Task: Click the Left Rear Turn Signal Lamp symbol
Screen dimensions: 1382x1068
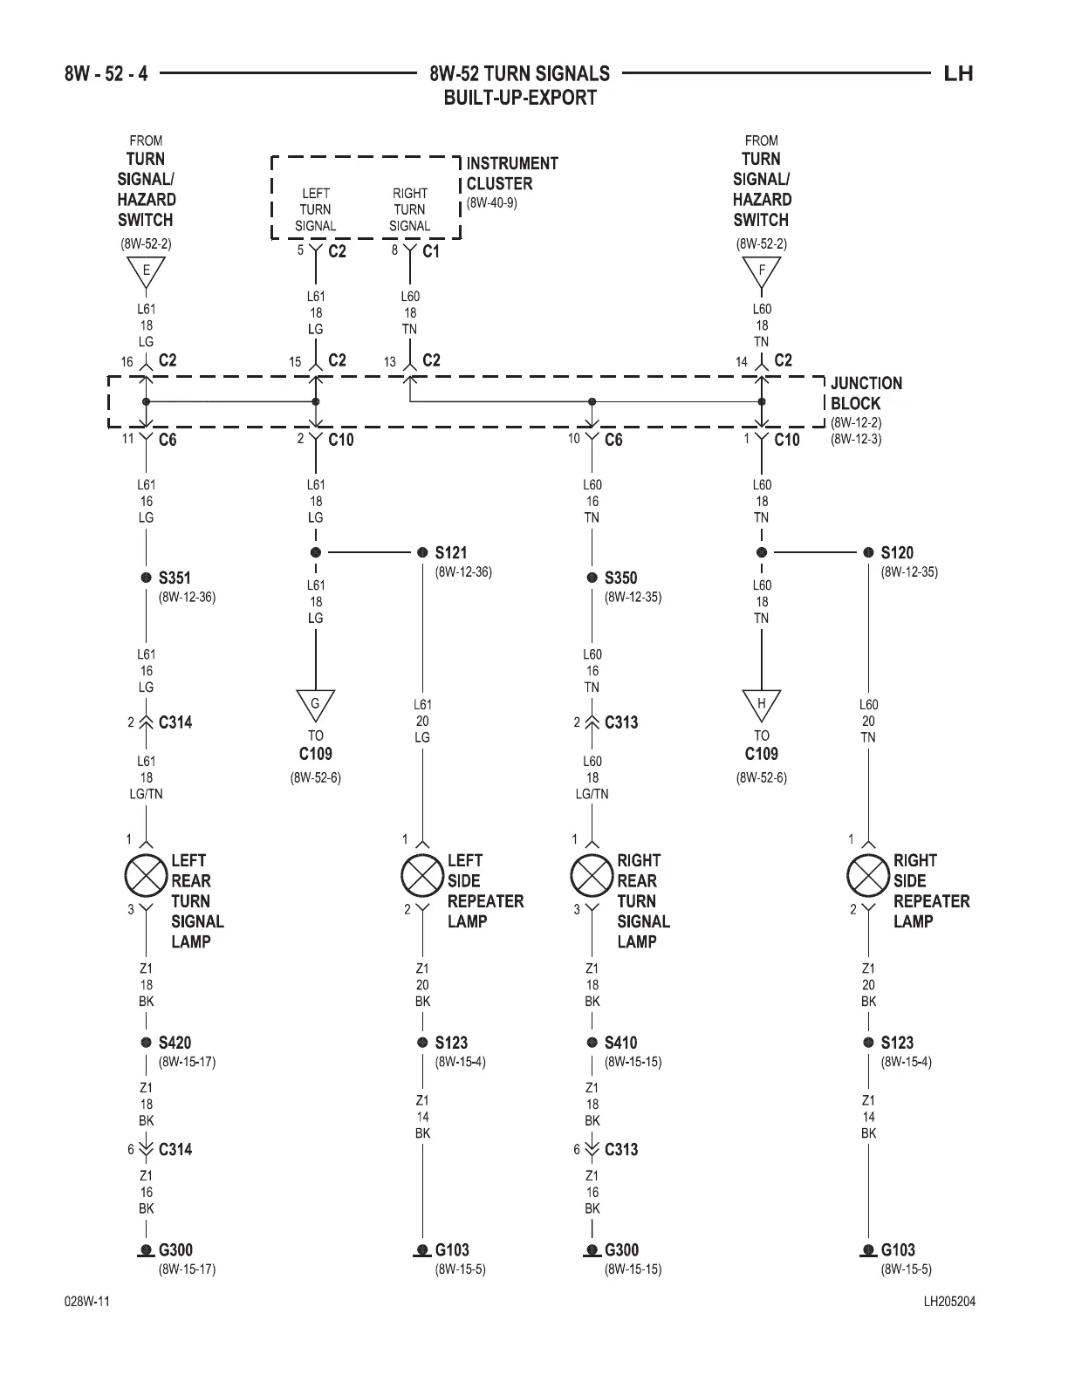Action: click(x=146, y=877)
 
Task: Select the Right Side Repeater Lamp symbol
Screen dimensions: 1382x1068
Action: click(x=868, y=877)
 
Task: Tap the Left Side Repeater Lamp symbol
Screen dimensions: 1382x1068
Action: click(x=422, y=877)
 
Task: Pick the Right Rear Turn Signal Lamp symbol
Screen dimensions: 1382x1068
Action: click(x=592, y=877)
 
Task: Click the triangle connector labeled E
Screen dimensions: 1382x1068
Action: click(x=146, y=273)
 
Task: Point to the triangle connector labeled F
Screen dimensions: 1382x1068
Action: click(x=761, y=273)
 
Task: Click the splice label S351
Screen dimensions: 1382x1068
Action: click(x=175, y=578)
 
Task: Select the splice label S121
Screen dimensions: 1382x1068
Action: click(x=451, y=552)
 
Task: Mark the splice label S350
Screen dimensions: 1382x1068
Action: click(x=620, y=578)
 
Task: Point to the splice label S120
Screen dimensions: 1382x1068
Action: click(x=897, y=552)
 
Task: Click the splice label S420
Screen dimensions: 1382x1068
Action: click(x=175, y=1043)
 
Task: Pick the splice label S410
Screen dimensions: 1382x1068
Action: click(x=620, y=1043)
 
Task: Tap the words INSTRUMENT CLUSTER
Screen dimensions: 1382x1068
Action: click(x=512, y=174)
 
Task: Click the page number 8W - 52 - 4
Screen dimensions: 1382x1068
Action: click(x=106, y=73)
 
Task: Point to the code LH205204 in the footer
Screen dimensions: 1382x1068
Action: click(x=949, y=1302)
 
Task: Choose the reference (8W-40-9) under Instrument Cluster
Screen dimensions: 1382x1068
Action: click(x=492, y=203)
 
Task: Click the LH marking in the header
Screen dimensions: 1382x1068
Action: click(x=958, y=73)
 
